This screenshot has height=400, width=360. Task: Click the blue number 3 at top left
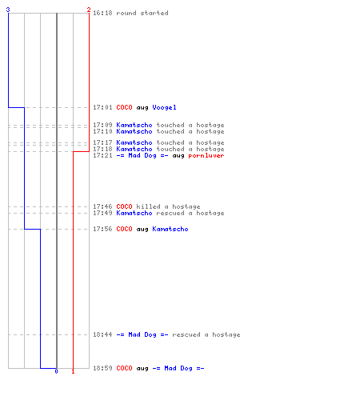tap(8, 10)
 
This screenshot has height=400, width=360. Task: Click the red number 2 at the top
tap(89, 10)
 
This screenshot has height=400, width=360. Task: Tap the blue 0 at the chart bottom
tap(56, 371)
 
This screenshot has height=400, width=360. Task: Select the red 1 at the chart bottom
tap(73, 371)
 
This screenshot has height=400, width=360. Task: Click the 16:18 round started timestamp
tap(102, 13)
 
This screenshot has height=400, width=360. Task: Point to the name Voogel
tap(164, 107)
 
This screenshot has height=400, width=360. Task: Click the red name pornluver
tap(206, 155)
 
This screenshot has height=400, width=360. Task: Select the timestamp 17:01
tap(102, 107)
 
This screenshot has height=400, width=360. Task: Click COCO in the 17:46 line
tap(124, 206)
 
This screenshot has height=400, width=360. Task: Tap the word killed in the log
tap(148, 206)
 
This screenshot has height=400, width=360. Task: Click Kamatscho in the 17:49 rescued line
tap(134, 213)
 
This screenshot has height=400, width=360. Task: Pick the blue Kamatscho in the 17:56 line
tap(170, 229)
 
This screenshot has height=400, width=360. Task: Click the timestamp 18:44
tap(102, 334)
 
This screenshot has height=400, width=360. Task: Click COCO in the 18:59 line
tap(124, 368)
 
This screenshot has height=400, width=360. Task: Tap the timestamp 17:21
tap(102, 155)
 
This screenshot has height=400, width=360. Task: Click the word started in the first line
tap(154, 13)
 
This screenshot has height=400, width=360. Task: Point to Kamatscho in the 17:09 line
tap(134, 125)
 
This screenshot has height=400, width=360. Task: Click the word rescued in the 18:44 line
tap(186, 334)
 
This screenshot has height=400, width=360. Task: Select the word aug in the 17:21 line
tap(178, 156)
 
